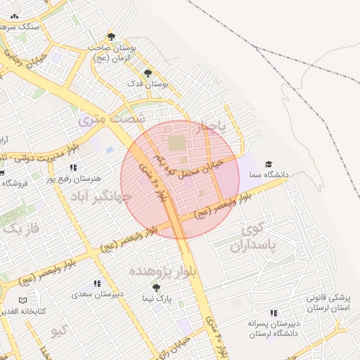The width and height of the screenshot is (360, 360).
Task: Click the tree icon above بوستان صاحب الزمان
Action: [x=110, y=36]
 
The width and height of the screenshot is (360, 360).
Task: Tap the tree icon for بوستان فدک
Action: [x=148, y=73]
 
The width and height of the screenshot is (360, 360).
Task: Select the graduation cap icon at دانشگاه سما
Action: [x=269, y=164]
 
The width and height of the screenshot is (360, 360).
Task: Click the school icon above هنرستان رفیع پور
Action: [x=74, y=167]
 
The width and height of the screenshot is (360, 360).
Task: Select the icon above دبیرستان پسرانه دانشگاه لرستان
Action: [x=274, y=313]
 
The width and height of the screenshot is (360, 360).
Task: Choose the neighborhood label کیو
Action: [x=59, y=330]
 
